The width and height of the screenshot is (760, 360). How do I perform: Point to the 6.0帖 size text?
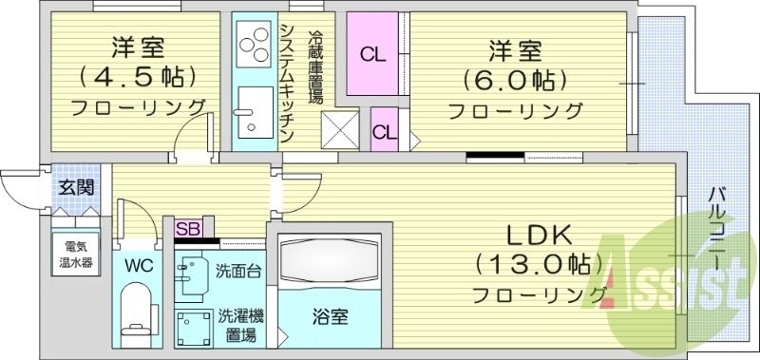point(514,80)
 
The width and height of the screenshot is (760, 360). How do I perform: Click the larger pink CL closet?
point(372,54)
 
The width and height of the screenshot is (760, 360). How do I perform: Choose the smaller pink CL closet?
point(384,131)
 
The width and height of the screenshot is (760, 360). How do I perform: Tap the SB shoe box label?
point(187,229)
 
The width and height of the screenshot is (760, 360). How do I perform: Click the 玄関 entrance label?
point(75,187)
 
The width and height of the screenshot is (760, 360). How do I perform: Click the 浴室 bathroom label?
point(331,315)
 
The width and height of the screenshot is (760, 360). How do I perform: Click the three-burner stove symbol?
point(254,43)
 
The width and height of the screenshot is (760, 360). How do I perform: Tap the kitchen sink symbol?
point(253,110)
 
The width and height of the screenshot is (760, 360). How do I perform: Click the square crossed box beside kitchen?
point(339,128)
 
